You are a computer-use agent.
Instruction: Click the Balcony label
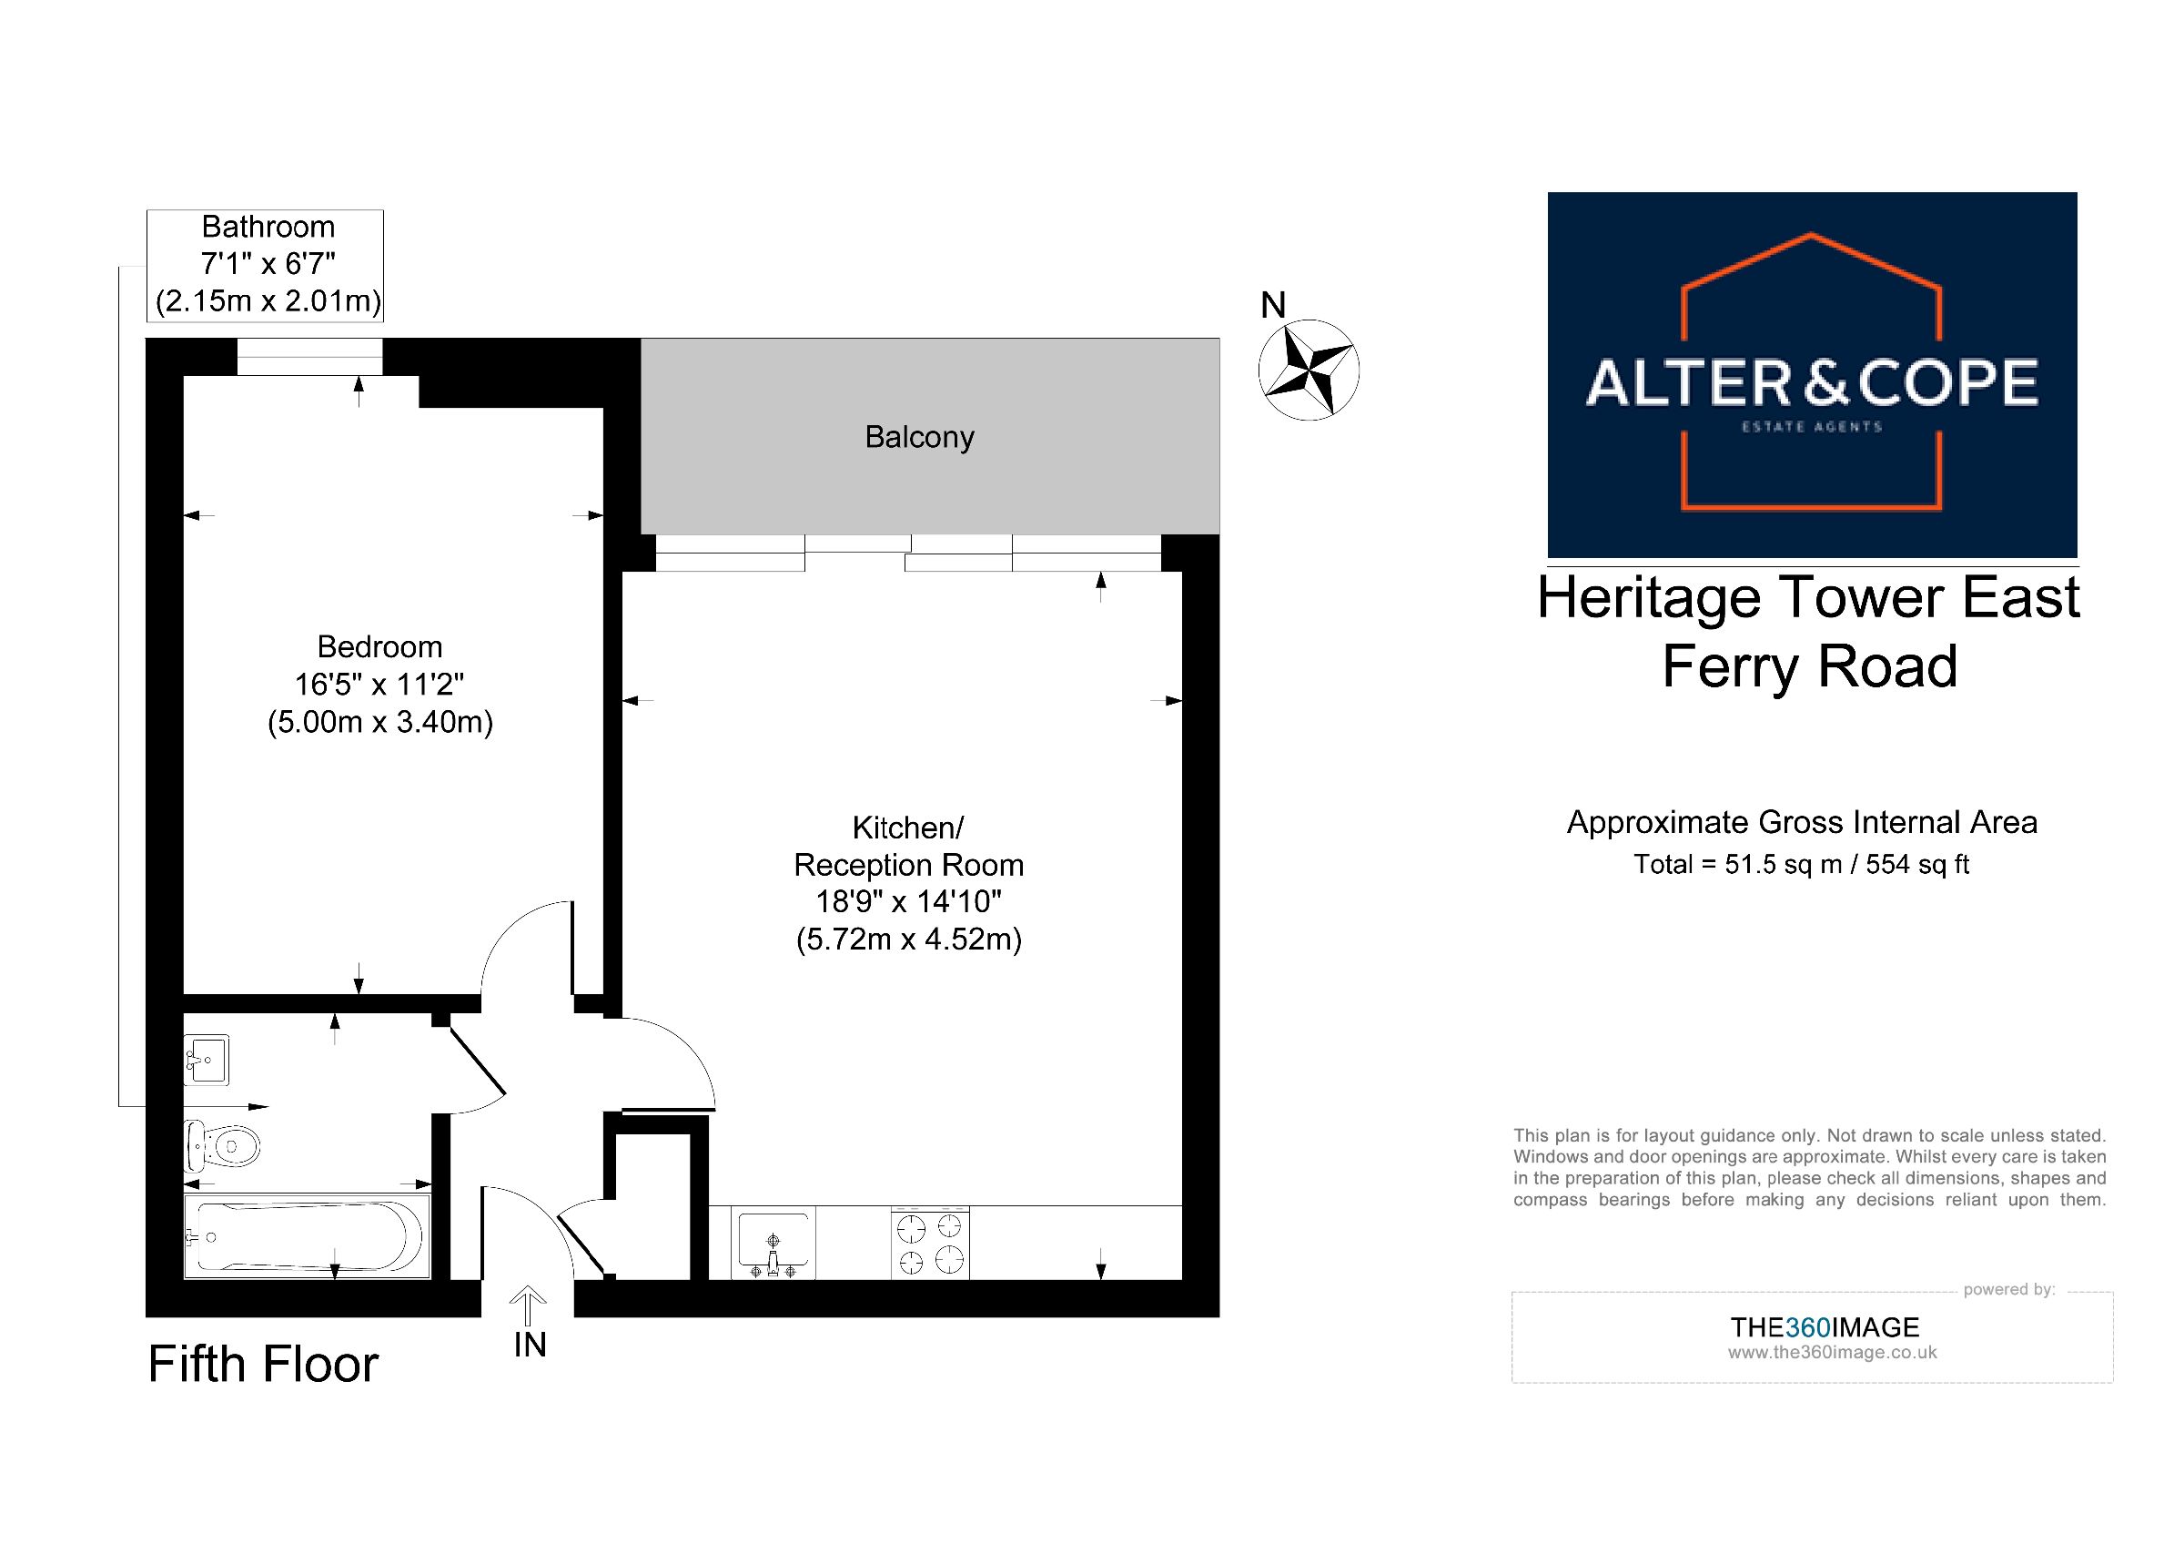pos(919,438)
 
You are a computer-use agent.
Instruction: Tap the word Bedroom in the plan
pos(379,647)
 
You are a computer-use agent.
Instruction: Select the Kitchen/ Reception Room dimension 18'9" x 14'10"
pos(908,901)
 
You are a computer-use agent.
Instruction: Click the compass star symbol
pos(1308,370)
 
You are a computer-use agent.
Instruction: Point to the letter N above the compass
pos(1273,305)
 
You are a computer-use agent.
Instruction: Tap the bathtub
pos(307,1236)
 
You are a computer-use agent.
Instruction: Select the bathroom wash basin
pos(207,1061)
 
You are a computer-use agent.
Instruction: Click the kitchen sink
pos(773,1243)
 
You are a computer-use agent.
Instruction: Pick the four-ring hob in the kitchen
pos(930,1243)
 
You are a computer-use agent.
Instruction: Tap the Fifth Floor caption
pos(264,1364)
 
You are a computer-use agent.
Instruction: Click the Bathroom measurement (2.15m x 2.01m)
pos(268,301)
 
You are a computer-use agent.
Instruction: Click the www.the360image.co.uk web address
pos(1832,1353)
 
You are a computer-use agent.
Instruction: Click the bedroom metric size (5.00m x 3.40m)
pos(380,723)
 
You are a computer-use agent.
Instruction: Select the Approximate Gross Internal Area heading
pos(1803,823)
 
